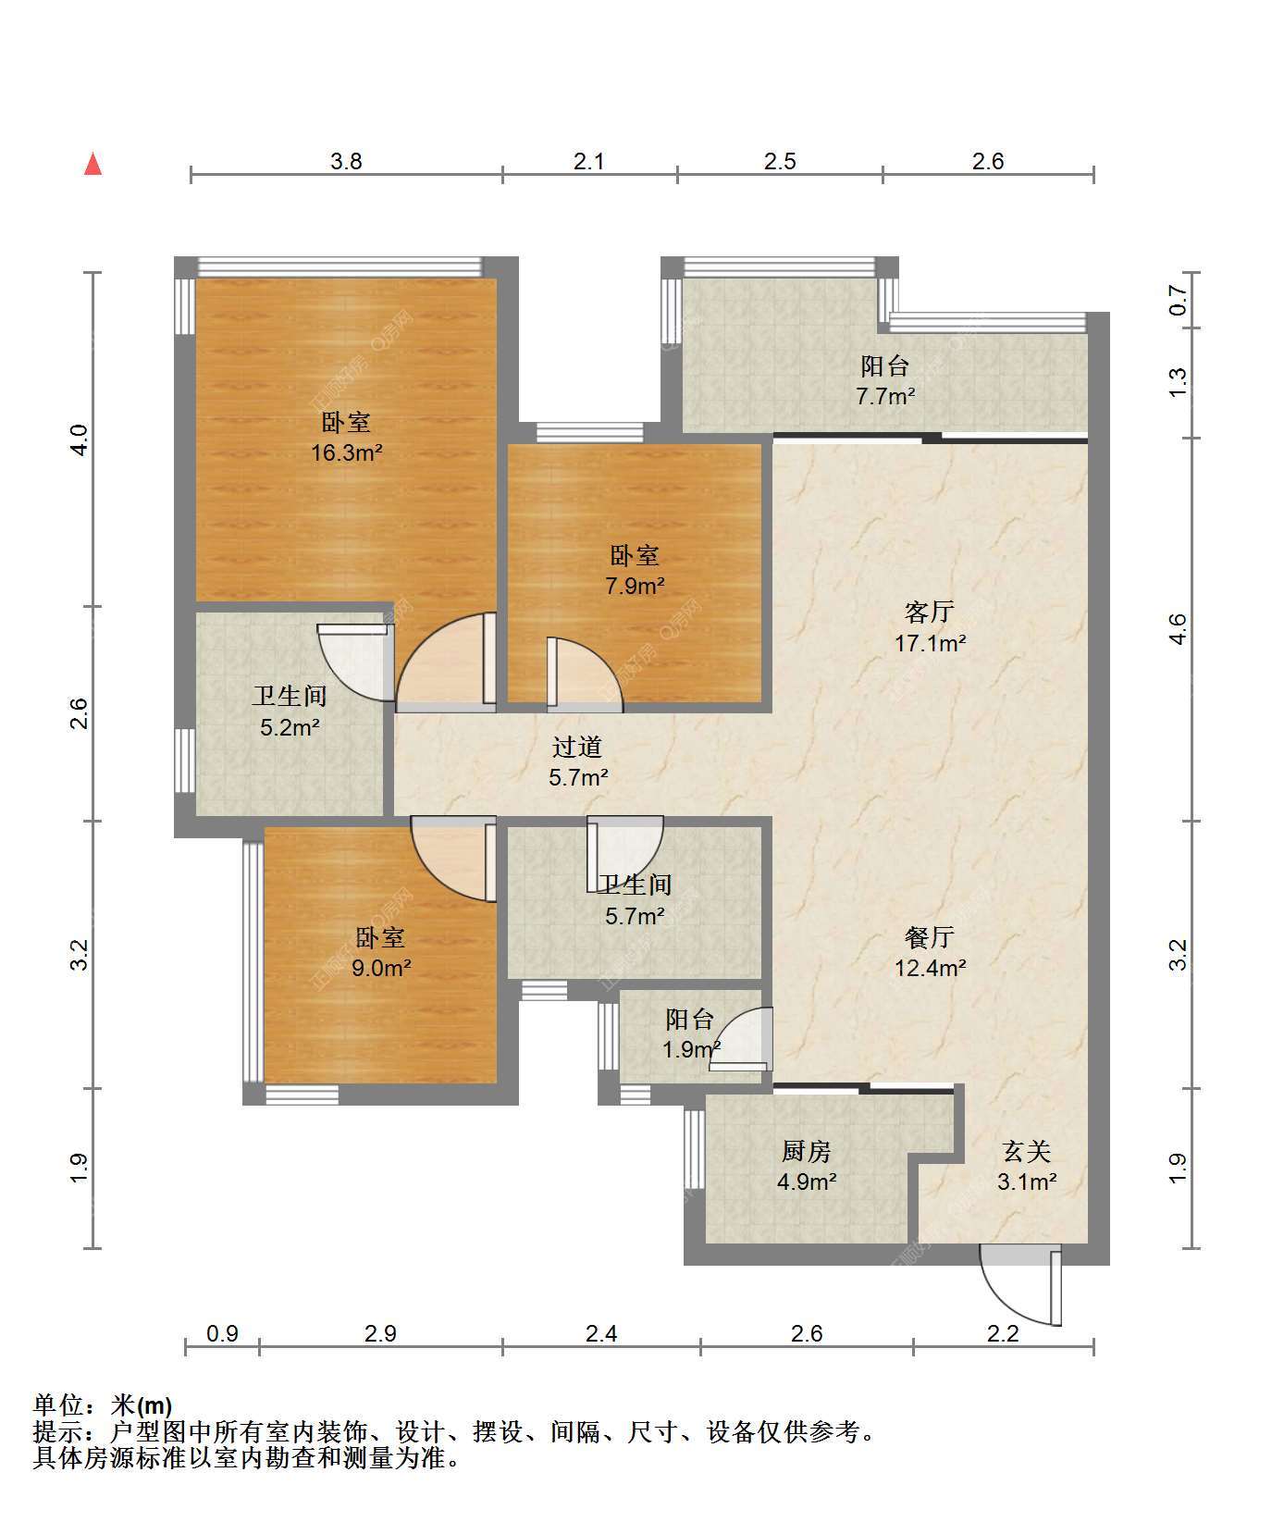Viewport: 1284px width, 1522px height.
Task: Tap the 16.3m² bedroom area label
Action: pyautogui.click(x=347, y=438)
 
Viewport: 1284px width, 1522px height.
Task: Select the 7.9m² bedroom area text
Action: pyautogui.click(x=635, y=570)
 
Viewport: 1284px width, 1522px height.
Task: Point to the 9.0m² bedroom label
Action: pyautogui.click(x=381, y=953)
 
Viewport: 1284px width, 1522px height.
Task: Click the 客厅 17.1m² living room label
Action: pyautogui.click(x=930, y=627)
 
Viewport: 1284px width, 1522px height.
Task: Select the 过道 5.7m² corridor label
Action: pyautogui.click(x=578, y=761)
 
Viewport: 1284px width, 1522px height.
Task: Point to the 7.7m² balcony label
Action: pyautogui.click(x=885, y=381)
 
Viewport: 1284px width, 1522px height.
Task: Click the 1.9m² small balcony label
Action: pyautogui.click(x=691, y=1034)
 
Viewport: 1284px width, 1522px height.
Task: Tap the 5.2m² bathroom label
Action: pyautogui.click(x=290, y=712)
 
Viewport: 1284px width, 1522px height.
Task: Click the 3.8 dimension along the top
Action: pyautogui.click(x=346, y=162)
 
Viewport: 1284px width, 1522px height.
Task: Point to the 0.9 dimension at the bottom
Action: pyautogui.click(x=222, y=1333)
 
